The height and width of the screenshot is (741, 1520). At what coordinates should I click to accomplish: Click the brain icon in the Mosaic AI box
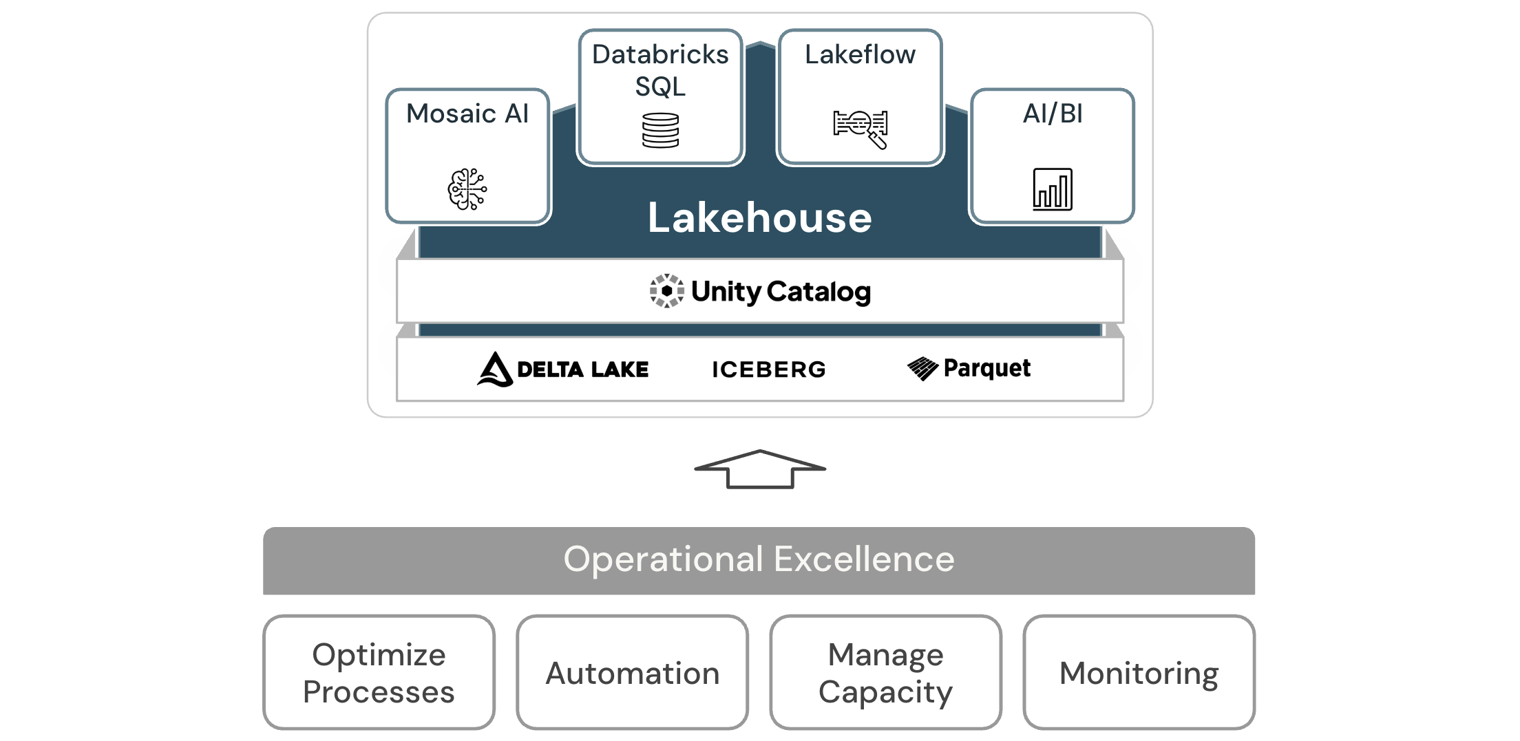(467, 189)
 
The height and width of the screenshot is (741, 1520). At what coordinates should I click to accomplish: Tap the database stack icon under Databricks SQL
(660, 131)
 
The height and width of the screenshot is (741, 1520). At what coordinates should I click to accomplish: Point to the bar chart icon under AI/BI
(1053, 189)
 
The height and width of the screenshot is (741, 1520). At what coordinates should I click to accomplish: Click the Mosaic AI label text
(467, 114)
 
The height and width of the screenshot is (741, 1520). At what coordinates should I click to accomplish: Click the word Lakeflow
(860, 54)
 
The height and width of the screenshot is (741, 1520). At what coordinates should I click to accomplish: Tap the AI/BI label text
(1053, 114)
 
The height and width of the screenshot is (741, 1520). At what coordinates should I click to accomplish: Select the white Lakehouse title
(760, 218)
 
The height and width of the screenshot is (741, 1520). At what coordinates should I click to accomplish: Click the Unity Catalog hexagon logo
(666, 291)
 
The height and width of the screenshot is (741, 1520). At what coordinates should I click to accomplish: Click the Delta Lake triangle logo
(495, 369)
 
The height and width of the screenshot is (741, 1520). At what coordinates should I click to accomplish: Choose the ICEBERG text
(768, 369)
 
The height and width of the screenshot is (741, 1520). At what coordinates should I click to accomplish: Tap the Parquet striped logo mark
(922, 369)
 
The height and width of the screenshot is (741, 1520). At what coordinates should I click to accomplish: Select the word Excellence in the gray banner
(864, 559)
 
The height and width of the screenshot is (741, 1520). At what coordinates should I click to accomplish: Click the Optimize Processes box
(379, 672)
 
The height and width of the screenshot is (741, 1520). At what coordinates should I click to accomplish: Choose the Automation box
(632, 672)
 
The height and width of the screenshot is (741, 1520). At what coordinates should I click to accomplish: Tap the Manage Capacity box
(885, 672)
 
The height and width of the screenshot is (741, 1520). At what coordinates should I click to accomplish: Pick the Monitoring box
(1139, 672)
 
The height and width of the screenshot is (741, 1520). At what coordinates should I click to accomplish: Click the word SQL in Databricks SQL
(660, 87)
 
